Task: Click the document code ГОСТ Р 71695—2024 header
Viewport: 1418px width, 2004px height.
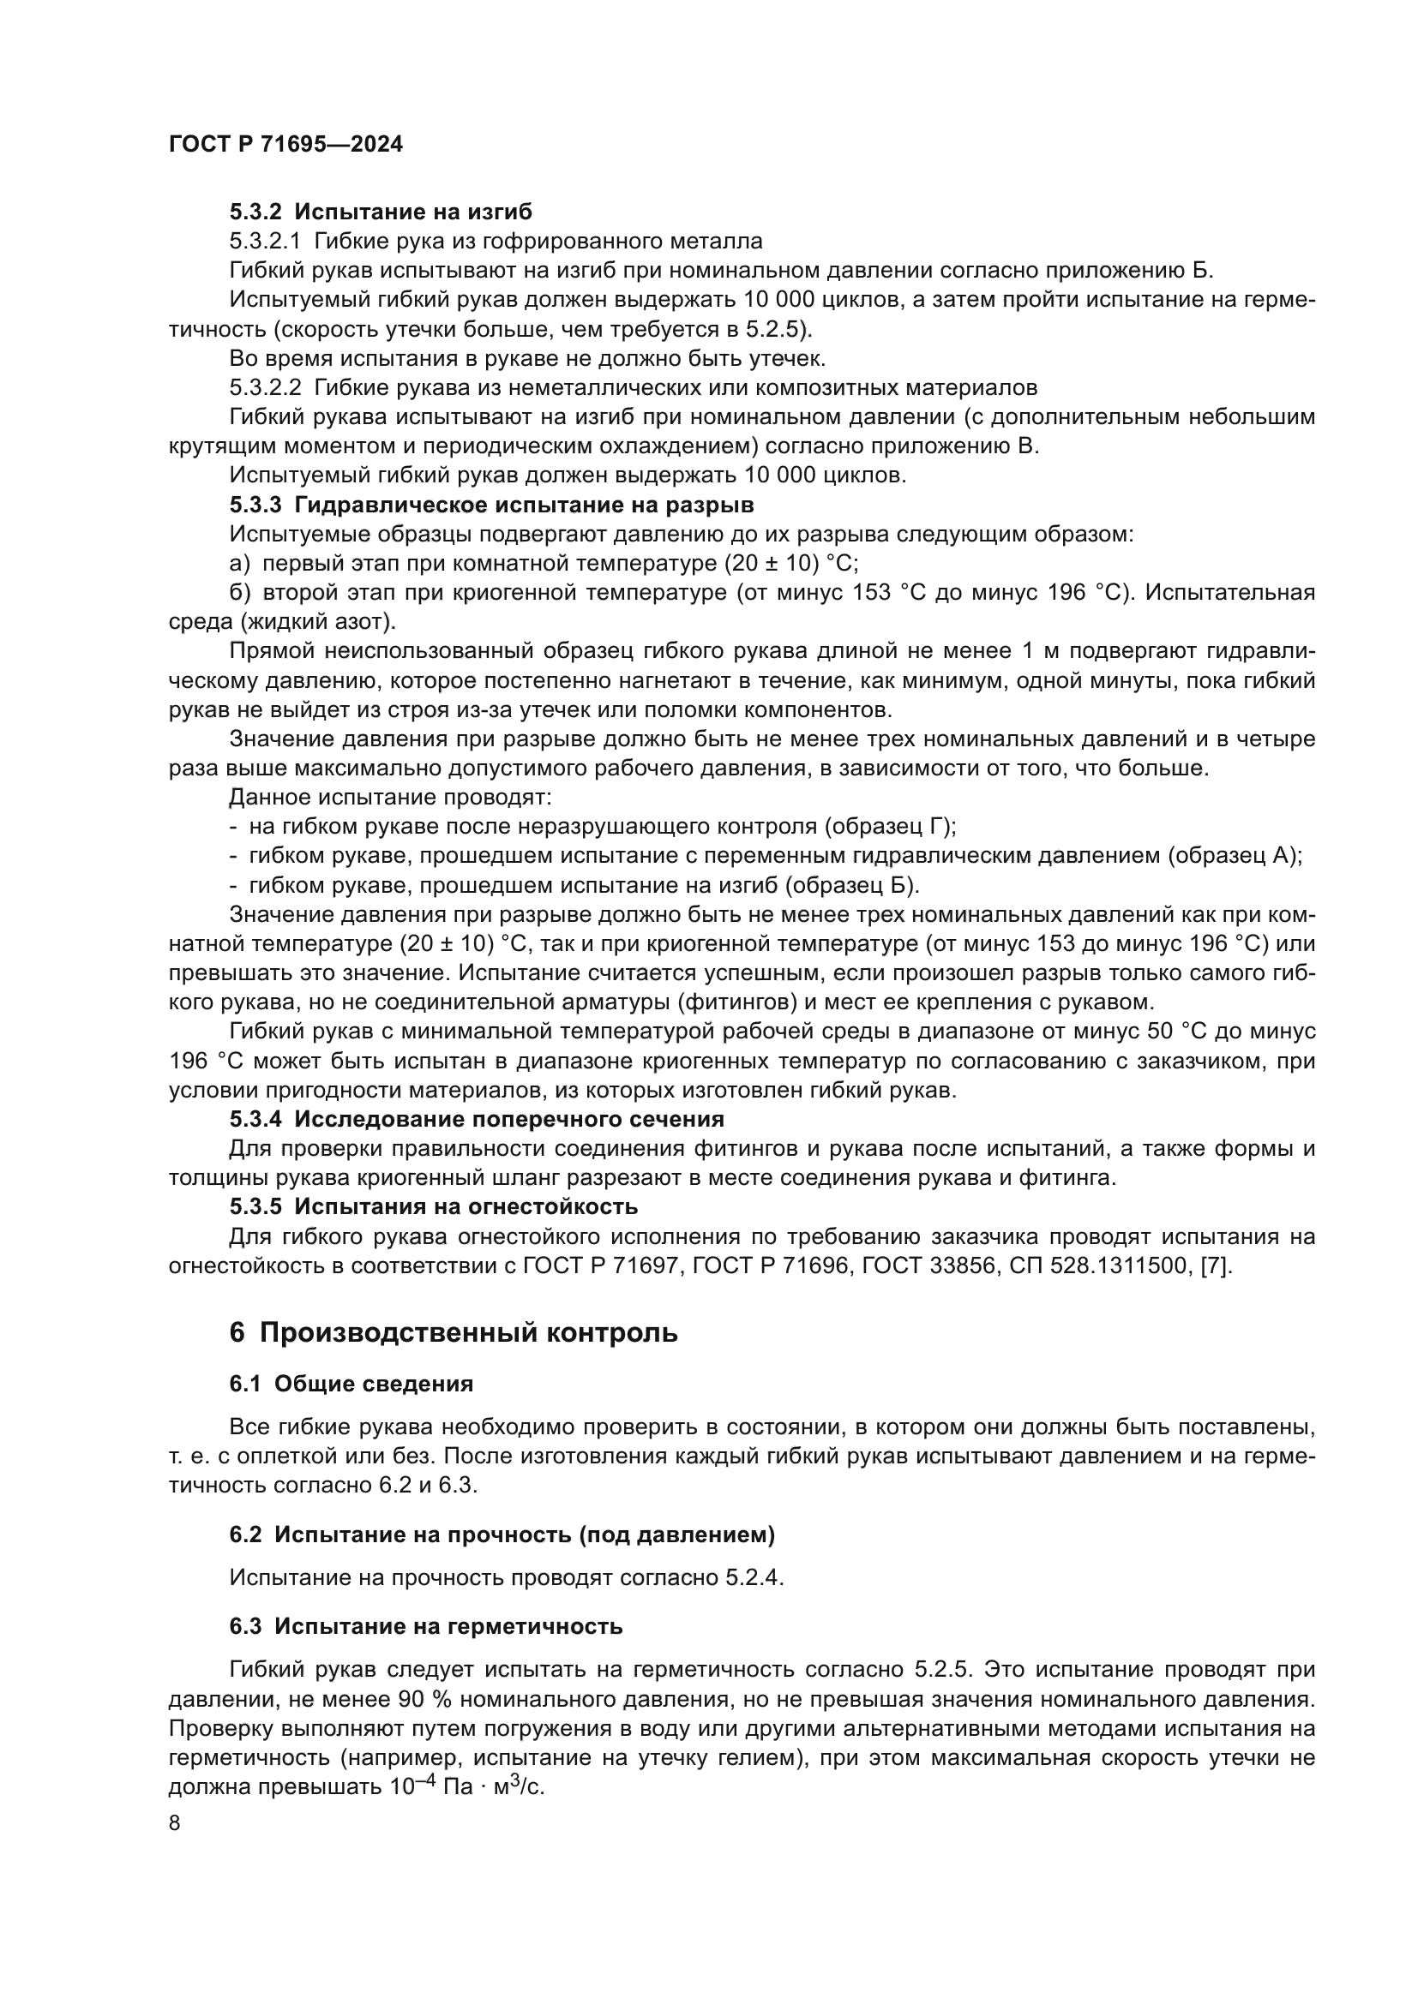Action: tap(285, 145)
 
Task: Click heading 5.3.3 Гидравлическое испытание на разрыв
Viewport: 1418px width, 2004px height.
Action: tap(491, 505)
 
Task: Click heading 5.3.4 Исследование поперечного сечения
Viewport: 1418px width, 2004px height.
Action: tap(477, 1119)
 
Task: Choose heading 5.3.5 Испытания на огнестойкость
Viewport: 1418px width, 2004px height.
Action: tap(433, 1207)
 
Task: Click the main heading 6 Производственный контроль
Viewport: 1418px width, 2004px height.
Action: tap(454, 1333)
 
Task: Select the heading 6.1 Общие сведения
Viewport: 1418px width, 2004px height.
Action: tap(351, 1384)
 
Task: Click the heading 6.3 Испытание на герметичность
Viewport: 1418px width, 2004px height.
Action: tap(426, 1626)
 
